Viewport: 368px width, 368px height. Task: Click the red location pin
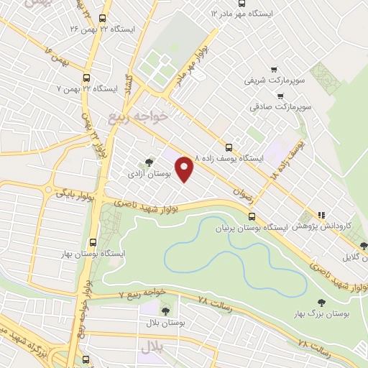pyautogui.click(x=185, y=168)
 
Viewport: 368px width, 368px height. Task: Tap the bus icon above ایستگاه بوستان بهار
pyautogui.click(x=92, y=242)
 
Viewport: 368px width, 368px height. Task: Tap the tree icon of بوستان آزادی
pyautogui.click(x=149, y=162)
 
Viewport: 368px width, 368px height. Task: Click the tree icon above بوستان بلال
pyautogui.click(x=166, y=311)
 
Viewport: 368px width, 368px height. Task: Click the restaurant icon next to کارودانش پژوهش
pyautogui.click(x=322, y=214)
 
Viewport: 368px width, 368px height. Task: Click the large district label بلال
pyautogui.click(x=152, y=347)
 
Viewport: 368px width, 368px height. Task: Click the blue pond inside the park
pyautogui.click(x=216, y=255)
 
